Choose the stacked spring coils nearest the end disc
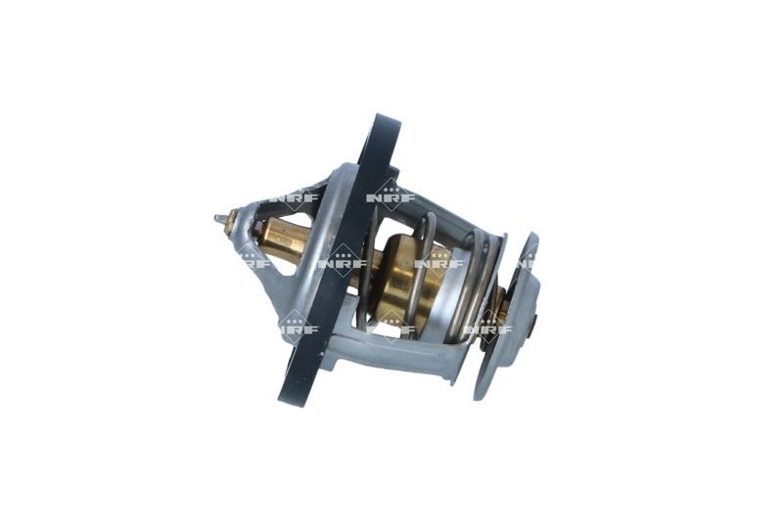tap(480, 283)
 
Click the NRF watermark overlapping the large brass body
tap(438, 262)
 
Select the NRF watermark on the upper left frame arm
tap(294, 195)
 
